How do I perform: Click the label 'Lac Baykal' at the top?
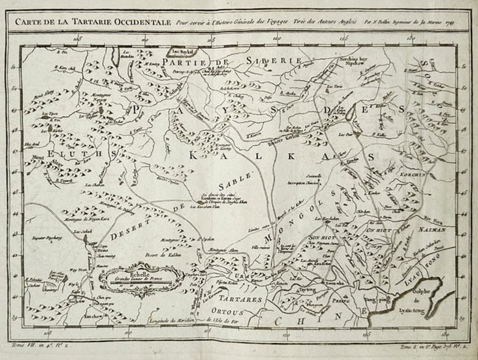click(x=178, y=52)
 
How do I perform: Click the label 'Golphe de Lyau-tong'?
click(x=431, y=297)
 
